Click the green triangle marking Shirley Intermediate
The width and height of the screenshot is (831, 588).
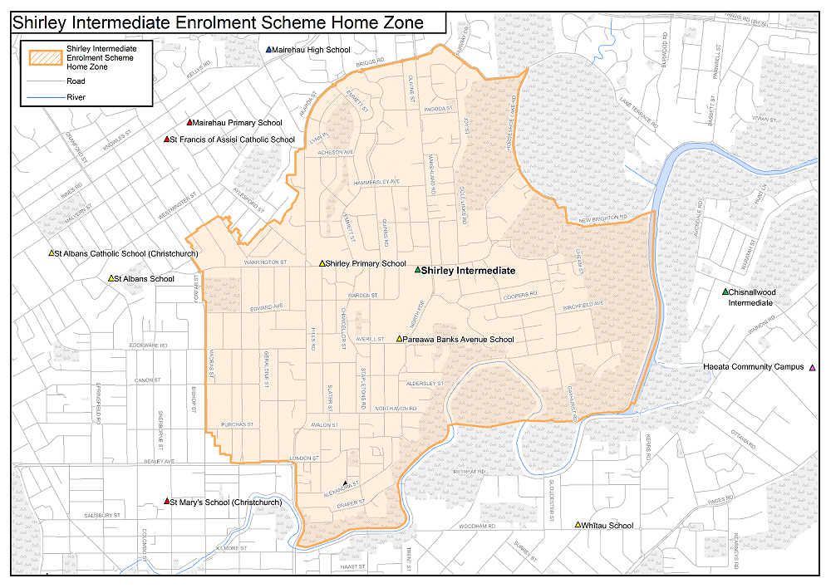click(418, 270)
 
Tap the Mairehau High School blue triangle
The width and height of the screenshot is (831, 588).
click(268, 50)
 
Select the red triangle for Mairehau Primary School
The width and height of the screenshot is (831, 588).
click(189, 123)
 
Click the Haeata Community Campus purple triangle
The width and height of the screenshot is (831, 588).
click(812, 367)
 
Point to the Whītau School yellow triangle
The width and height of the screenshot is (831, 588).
click(578, 525)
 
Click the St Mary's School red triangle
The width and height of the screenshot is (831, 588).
click(167, 502)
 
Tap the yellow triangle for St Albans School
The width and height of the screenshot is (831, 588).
click(111, 278)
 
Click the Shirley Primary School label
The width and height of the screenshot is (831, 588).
click(366, 263)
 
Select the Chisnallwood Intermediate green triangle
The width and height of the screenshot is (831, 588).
click(725, 292)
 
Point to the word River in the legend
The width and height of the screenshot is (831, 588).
click(76, 97)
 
